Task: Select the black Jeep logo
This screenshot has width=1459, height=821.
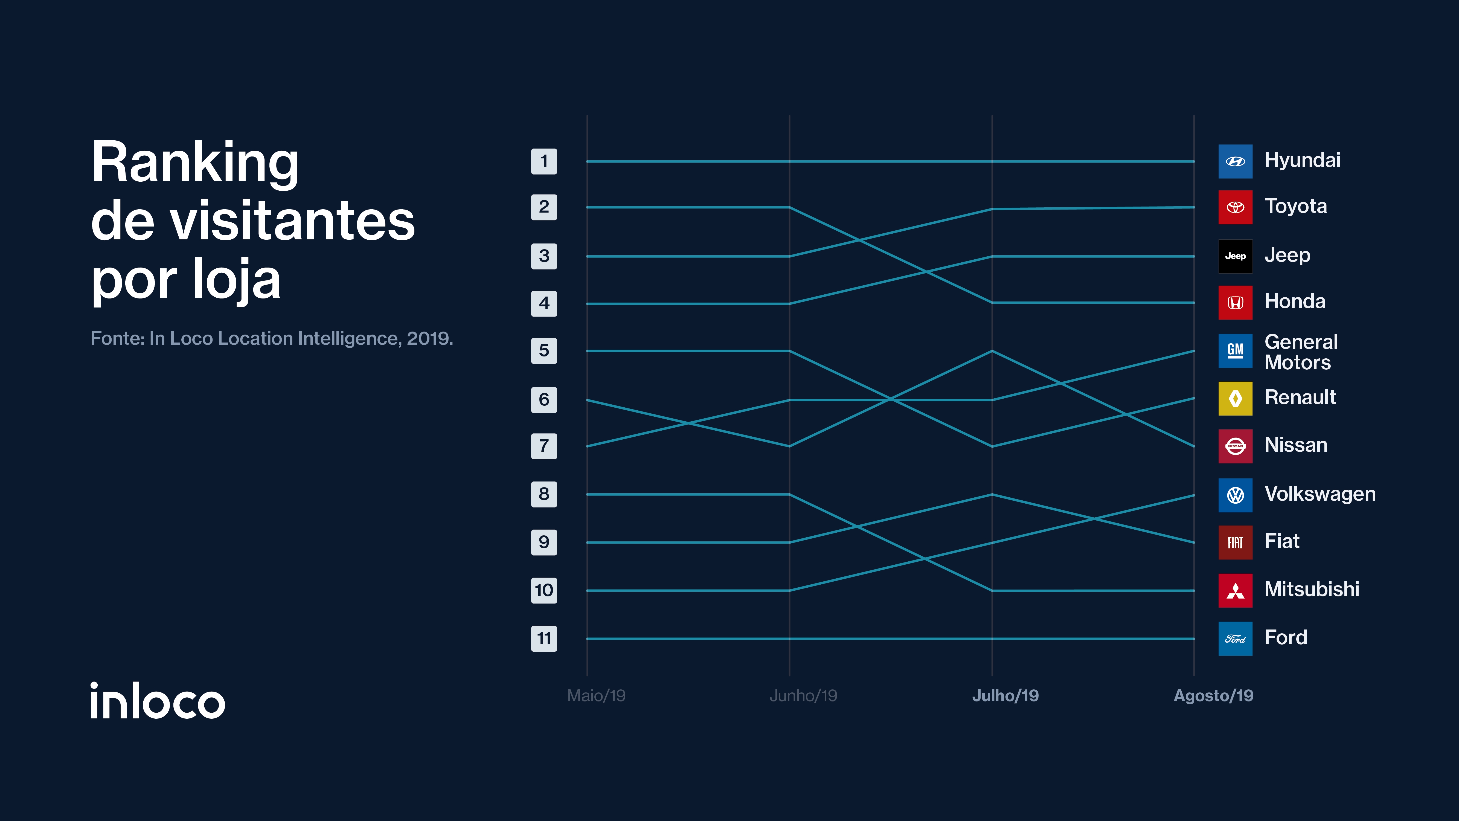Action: point(1235,256)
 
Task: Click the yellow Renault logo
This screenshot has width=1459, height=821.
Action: point(1235,398)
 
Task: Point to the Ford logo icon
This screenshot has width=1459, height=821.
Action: point(1235,639)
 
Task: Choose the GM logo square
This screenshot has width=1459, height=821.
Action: point(1235,351)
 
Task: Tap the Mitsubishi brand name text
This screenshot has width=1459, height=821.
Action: point(1312,589)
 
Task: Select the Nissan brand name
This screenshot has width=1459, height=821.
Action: point(1296,445)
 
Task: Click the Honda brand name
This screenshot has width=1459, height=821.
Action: point(1295,301)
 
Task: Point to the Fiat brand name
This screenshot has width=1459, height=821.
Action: point(1282,541)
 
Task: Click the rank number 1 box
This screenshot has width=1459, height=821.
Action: point(544,161)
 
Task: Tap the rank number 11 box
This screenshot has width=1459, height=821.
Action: point(544,639)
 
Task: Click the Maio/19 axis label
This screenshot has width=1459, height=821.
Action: point(596,696)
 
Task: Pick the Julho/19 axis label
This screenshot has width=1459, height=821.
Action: point(1005,696)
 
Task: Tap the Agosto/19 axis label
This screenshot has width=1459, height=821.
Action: point(1213,696)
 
